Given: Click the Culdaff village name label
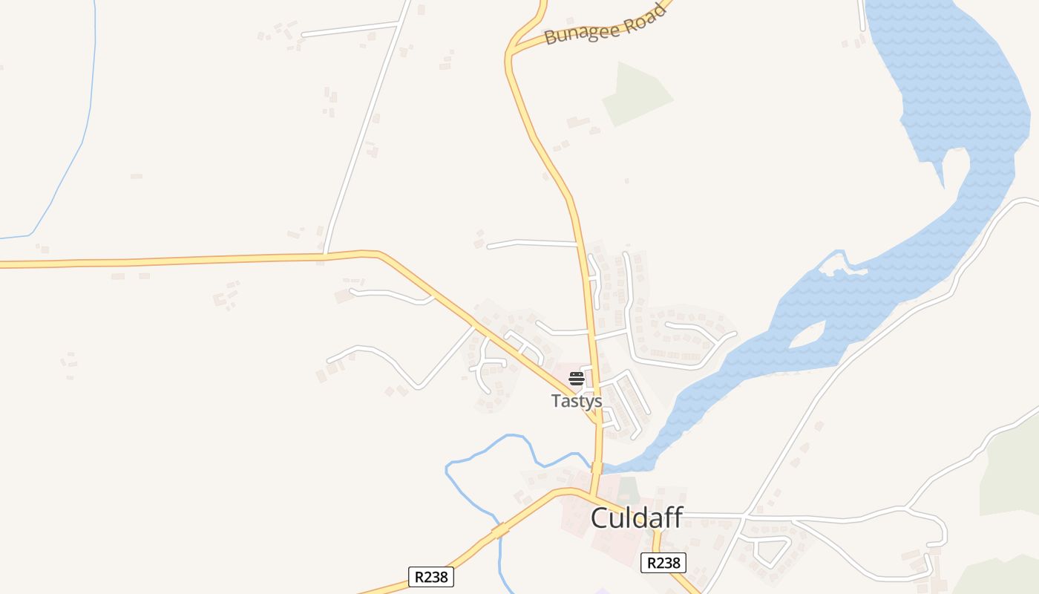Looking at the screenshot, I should (x=636, y=518).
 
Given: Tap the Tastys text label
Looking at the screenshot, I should (x=576, y=401).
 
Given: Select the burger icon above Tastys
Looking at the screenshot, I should (x=577, y=379).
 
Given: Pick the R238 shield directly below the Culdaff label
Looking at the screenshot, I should (x=663, y=563).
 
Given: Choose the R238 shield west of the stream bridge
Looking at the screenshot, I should (x=430, y=576).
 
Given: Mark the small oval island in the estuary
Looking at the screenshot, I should (x=808, y=336).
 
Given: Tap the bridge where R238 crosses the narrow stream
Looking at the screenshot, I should (x=499, y=531).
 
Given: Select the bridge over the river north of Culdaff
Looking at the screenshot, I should (x=597, y=467).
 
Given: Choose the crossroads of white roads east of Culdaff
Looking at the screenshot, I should (x=744, y=515).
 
